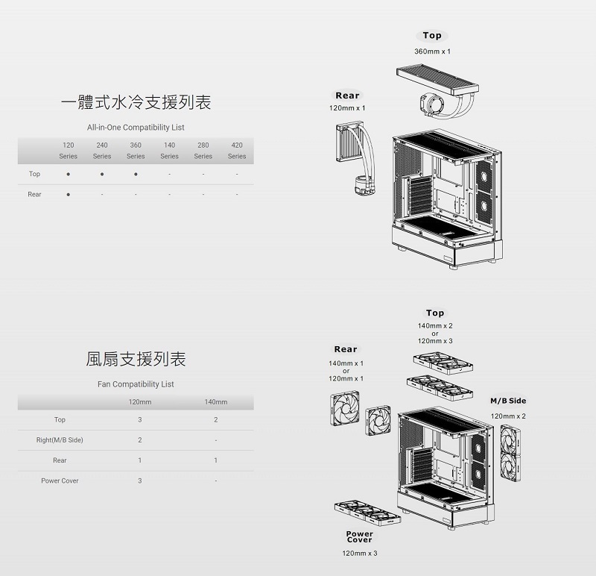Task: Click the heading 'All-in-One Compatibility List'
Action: point(136,128)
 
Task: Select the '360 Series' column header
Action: point(136,150)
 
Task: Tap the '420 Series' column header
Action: point(237,150)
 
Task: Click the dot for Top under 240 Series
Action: point(102,175)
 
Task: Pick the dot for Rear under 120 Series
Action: point(69,195)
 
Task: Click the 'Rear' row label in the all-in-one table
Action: point(34,195)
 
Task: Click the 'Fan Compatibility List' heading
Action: point(136,384)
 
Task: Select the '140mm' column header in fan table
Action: point(215,402)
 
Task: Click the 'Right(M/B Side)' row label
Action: point(60,440)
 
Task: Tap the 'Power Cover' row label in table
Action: point(60,480)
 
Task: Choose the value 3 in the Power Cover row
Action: point(139,480)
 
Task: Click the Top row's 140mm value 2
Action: point(215,420)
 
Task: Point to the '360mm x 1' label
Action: point(432,51)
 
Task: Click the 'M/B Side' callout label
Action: point(508,401)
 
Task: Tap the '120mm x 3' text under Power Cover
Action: point(359,553)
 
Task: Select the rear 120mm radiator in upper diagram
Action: point(349,143)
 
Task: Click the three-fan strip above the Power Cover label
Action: point(367,513)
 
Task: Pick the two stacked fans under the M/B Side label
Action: point(510,453)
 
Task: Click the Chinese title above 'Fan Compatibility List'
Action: point(136,360)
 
